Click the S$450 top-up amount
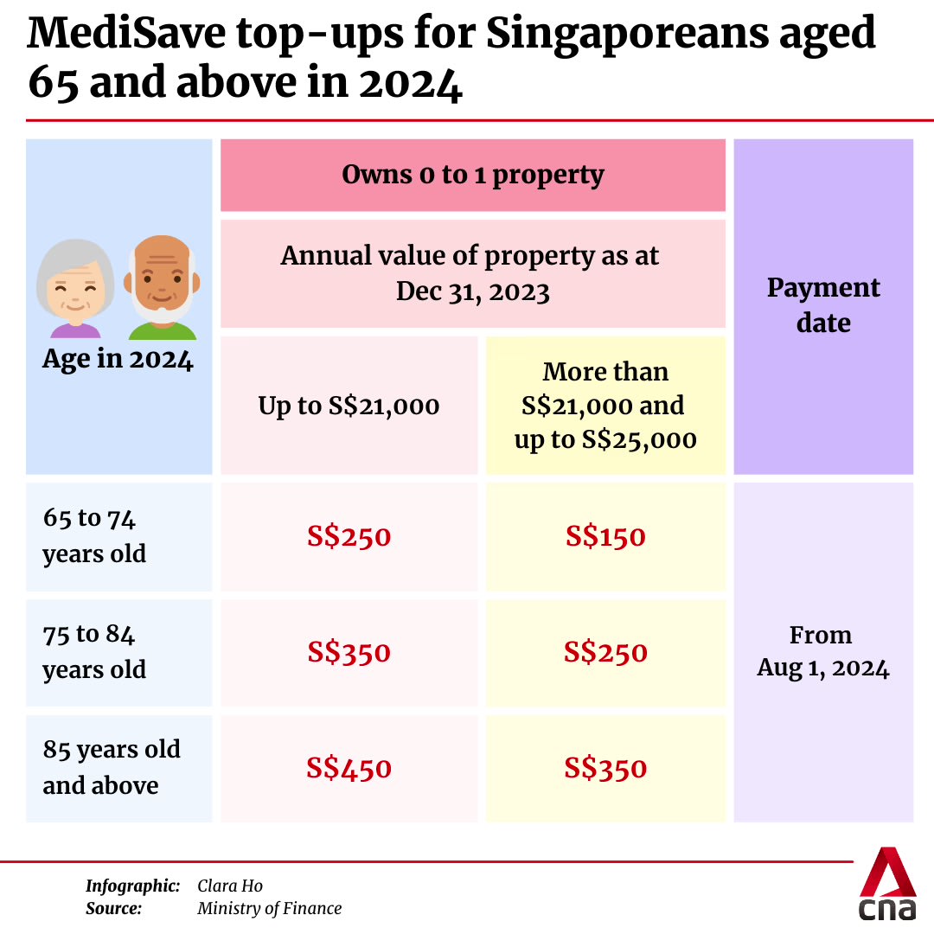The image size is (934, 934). pos(349,768)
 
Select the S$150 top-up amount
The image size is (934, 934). pos(605,537)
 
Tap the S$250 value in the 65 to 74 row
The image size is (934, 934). pos(349,537)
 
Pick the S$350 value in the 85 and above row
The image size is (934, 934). pos(605,768)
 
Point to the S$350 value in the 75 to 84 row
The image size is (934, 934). pos(349,652)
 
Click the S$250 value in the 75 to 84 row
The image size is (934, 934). pos(605,652)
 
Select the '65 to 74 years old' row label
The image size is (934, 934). pos(94,536)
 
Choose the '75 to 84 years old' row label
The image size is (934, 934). pos(94,652)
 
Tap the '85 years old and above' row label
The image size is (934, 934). pos(112,767)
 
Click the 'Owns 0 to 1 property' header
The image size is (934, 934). pos(472,175)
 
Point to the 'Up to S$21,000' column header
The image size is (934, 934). pos(349,406)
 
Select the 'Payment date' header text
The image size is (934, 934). pos(823,305)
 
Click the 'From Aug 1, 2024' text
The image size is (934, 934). pos(822,651)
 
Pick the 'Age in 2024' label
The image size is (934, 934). pos(118,360)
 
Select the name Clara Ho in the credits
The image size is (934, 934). pos(229,886)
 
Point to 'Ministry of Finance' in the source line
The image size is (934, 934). pos(269,908)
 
